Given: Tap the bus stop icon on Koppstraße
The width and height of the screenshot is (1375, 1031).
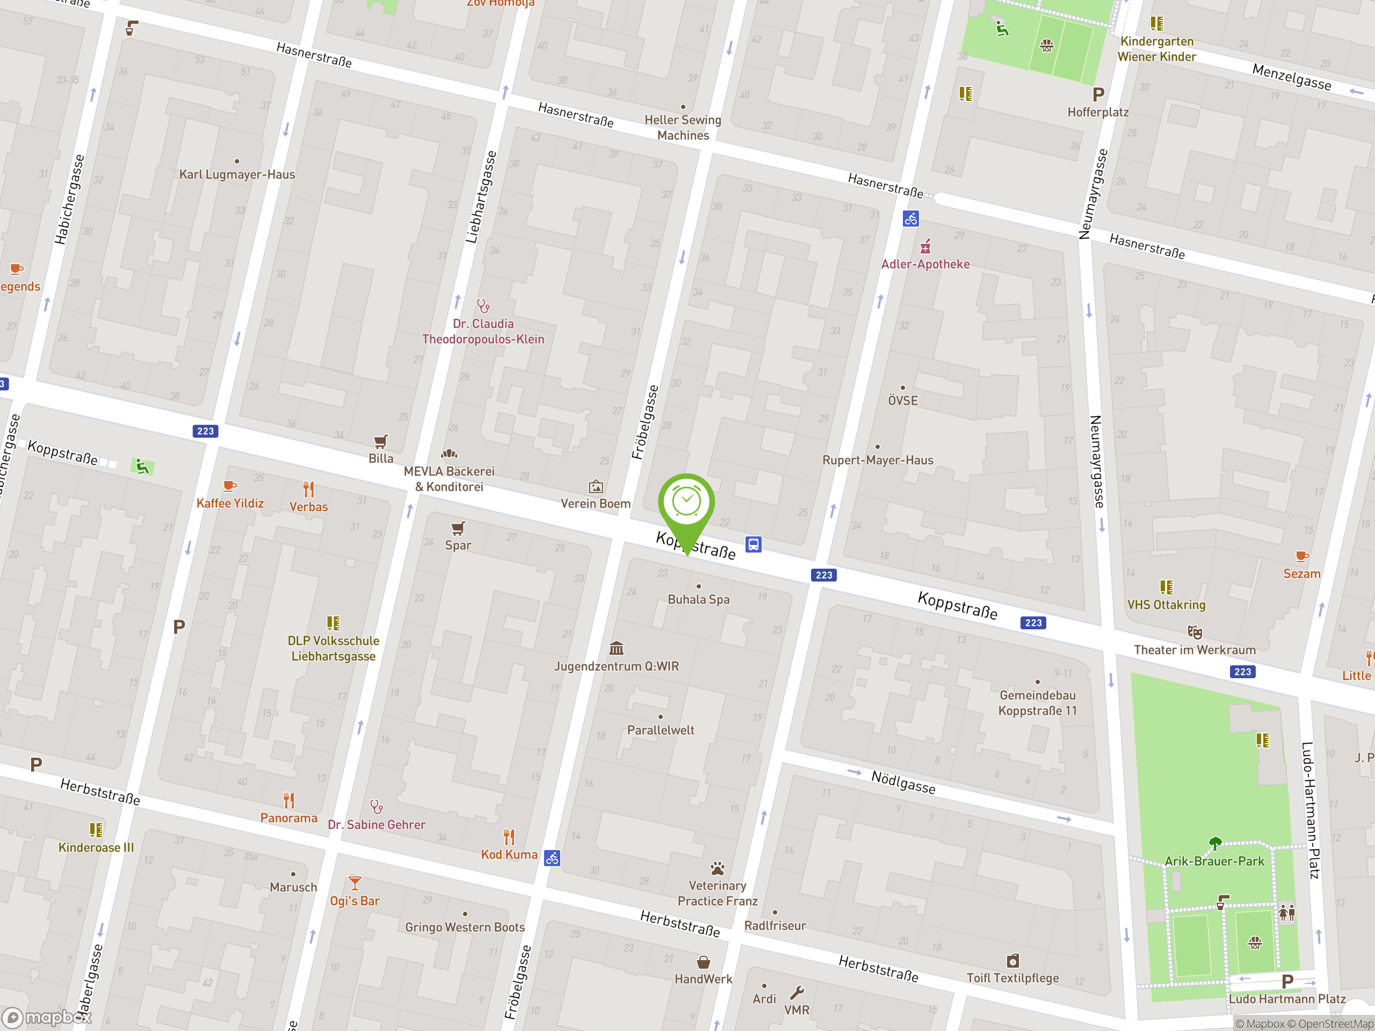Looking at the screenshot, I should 753,544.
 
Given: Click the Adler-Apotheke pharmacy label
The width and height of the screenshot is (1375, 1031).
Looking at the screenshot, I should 925,264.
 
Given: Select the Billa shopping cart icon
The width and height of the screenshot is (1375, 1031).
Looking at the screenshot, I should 380,442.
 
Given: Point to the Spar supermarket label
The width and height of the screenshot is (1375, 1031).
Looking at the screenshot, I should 458,545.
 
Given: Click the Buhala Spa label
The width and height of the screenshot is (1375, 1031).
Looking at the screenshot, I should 698,599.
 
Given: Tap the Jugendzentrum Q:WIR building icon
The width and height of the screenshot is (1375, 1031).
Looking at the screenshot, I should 616,648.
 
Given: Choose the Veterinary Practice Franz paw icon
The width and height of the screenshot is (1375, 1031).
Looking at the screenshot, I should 718,868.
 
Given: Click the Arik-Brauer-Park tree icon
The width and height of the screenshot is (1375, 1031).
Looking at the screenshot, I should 1214,843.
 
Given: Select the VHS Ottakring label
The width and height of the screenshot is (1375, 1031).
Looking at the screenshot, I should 1166,605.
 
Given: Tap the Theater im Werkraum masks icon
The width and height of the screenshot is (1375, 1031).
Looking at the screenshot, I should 1194,633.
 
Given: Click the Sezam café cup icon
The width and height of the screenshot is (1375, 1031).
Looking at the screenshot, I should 1301,556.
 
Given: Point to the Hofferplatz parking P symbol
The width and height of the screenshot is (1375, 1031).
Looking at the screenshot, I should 1098,95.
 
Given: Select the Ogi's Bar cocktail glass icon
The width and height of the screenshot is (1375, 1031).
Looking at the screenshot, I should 354,883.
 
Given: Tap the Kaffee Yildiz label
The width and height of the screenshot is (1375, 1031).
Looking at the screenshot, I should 230,503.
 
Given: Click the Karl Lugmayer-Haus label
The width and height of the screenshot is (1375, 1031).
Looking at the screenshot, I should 237,175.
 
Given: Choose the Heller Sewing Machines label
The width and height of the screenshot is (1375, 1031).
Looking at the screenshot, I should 683,127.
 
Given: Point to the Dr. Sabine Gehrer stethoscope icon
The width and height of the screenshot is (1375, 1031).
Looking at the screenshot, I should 376,807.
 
